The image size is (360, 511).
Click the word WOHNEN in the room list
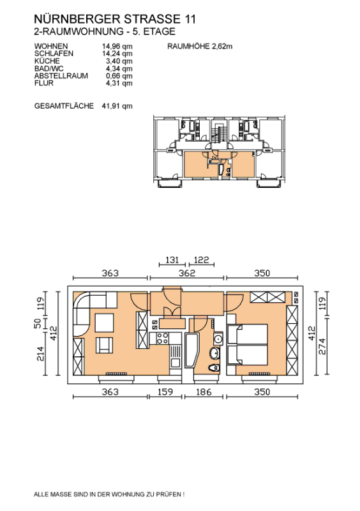click(x=51, y=46)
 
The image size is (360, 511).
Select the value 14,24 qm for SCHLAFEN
click(x=117, y=54)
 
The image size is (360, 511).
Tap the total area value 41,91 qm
click(x=117, y=106)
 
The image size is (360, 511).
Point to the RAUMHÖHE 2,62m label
click(x=200, y=46)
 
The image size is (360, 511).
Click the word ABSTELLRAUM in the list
click(x=61, y=75)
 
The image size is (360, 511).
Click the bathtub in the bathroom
click(x=191, y=351)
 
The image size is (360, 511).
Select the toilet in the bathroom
click(x=214, y=368)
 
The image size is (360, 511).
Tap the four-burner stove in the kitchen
click(x=163, y=339)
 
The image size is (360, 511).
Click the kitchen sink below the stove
click(x=176, y=356)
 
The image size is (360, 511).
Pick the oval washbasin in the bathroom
click(x=214, y=353)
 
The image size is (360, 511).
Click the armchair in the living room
click(x=104, y=346)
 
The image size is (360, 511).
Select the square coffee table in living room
click(x=104, y=323)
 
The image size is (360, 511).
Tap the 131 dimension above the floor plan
click(x=172, y=260)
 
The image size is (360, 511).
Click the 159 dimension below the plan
click(x=165, y=392)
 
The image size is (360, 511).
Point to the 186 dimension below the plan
click(x=204, y=392)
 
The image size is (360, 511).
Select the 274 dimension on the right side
click(x=322, y=346)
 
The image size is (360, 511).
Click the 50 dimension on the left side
click(x=38, y=323)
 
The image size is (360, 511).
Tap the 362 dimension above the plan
click(x=186, y=273)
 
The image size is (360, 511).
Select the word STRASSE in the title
click(x=152, y=19)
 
